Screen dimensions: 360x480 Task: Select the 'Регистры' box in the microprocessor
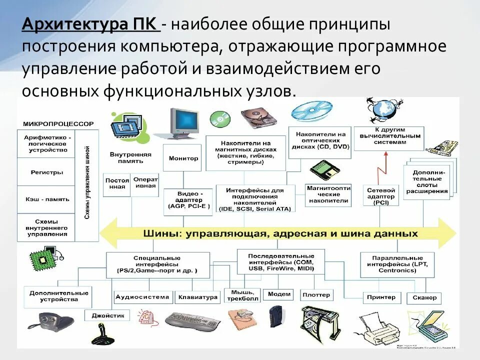46,172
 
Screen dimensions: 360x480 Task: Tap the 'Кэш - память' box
46,199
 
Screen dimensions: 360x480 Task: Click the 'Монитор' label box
183,158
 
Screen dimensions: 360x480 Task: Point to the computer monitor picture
181,122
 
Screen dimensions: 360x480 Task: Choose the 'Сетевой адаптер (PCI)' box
381,196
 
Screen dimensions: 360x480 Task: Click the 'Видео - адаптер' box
190,199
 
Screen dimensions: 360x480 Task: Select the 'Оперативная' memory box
145,182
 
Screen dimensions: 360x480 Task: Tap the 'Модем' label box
279,294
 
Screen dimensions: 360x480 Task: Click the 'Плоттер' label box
316,295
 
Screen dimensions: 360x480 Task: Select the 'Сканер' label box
424,297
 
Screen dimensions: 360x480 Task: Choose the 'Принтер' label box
381,297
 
